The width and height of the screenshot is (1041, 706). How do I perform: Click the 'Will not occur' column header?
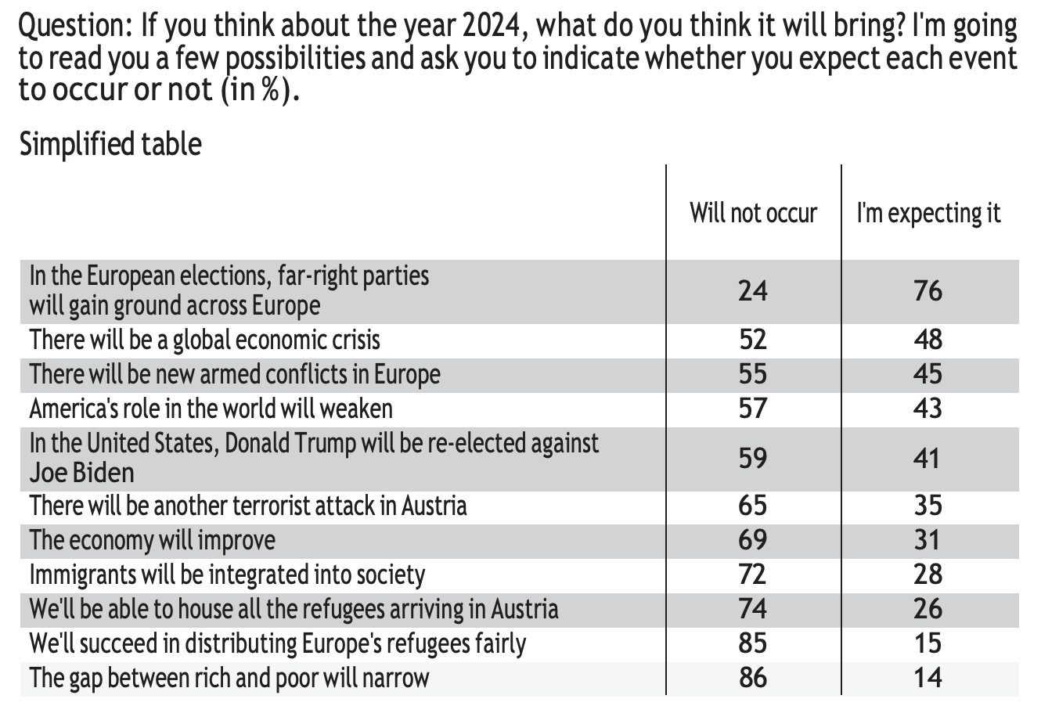tap(753, 213)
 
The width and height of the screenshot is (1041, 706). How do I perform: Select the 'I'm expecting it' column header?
tap(928, 213)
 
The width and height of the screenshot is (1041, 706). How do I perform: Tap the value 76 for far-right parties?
tap(928, 291)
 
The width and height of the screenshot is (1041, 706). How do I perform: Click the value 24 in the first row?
tap(753, 291)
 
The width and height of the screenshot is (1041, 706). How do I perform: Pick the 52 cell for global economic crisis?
tap(753, 340)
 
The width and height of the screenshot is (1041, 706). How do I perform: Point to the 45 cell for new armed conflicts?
tap(928, 374)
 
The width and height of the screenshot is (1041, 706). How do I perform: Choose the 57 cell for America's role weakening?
tap(753, 409)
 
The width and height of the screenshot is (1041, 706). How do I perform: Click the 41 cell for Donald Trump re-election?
tap(928, 458)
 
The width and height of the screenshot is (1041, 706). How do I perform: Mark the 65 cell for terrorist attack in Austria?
tap(753, 506)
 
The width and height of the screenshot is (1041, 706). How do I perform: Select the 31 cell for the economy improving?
tap(928, 540)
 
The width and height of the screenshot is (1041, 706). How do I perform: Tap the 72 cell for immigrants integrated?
tap(753, 575)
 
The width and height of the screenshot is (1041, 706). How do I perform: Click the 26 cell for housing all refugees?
tap(928, 609)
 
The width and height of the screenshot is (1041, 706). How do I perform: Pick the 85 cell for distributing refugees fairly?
tap(753, 643)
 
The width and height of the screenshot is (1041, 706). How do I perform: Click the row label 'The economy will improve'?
tap(153, 540)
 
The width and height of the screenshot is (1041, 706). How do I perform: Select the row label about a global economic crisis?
tap(205, 340)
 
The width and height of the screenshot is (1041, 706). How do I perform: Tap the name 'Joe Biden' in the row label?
tap(81, 473)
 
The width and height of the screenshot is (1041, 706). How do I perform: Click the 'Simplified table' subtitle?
tap(110, 144)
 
